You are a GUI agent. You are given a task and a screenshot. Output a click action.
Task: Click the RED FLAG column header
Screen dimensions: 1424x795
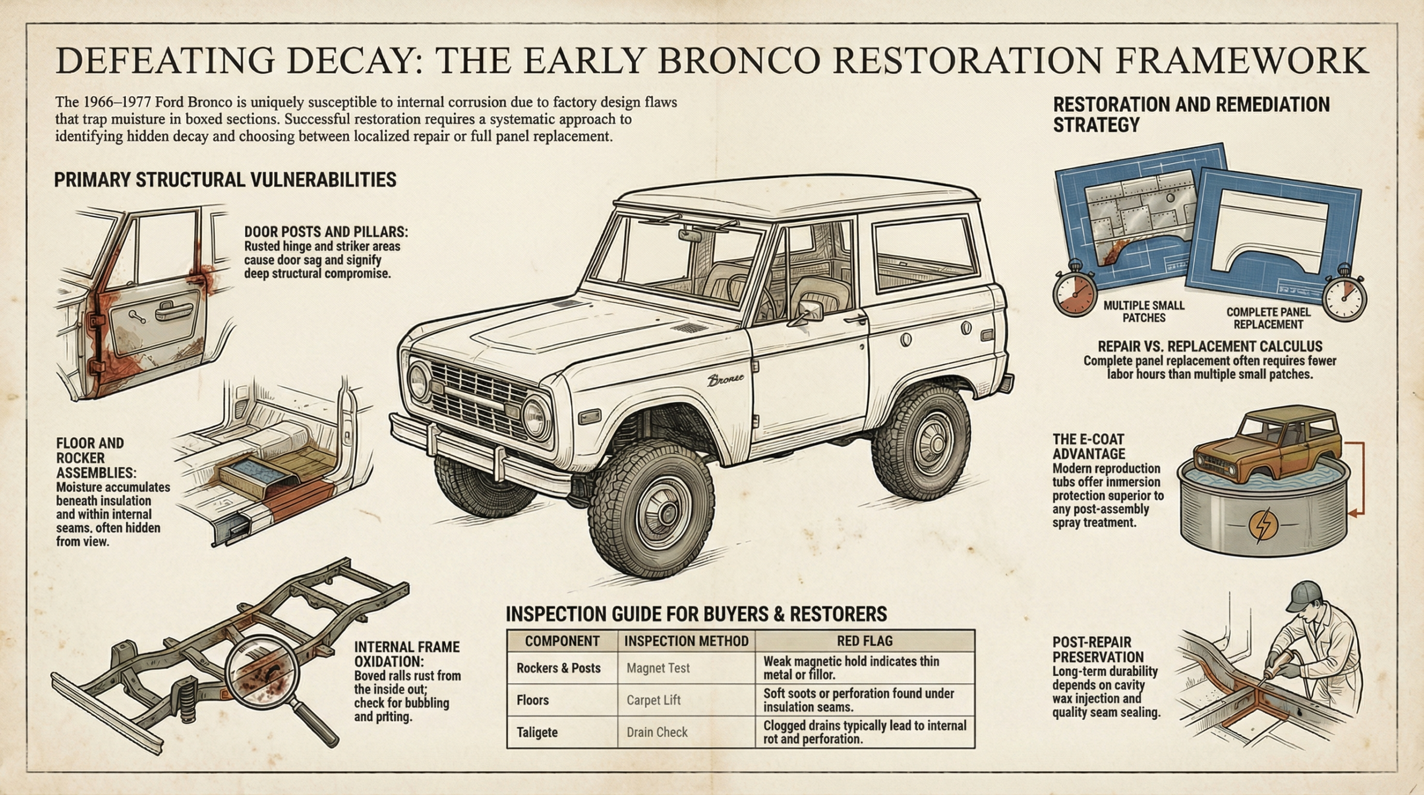coord(864,641)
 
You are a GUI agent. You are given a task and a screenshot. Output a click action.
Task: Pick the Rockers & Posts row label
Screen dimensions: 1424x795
coord(558,668)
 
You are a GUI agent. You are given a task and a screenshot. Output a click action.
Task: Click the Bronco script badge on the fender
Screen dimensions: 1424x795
coord(725,380)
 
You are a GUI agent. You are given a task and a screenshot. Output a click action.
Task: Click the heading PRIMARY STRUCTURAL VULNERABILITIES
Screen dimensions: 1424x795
coord(225,180)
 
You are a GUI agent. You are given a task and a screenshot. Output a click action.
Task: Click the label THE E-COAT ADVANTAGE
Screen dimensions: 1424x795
coord(1089,447)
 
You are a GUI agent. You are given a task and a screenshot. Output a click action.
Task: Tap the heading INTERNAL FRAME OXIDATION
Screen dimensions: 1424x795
coord(407,654)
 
